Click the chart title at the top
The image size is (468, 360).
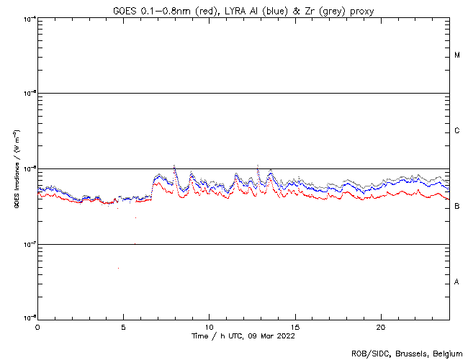click(x=243, y=10)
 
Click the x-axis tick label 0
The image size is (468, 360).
click(x=37, y=326)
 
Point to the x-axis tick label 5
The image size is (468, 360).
click(x=123, y=326)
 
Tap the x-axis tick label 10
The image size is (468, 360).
click(x=209, y=326)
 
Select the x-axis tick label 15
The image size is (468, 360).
click(x=295, y=326)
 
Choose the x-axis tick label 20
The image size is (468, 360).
click(x=381, y=326)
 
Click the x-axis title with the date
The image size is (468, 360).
click(x=243, y=336)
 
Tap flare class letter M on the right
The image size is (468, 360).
click(x=457, y=55)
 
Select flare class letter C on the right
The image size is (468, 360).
click(x=457, y=131)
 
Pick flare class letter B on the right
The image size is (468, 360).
click(x=457, y=207)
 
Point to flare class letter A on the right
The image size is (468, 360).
click(x=457, y=282)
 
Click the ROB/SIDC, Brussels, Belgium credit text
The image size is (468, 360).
click(x=407, y=354)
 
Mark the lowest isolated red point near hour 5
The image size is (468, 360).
click(x=118, y=268)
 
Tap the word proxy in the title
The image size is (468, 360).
click(x=358, y=10)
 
